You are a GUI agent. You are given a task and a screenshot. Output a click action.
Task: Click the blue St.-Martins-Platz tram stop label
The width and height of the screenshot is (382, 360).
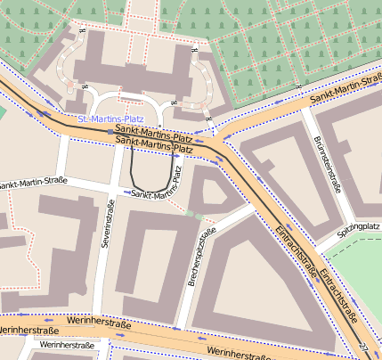point(110,119)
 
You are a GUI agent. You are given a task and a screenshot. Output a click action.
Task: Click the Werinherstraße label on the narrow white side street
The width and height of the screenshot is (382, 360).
point(67,344)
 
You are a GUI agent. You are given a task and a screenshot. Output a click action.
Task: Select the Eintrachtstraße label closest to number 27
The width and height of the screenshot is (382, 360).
point(339,294)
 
